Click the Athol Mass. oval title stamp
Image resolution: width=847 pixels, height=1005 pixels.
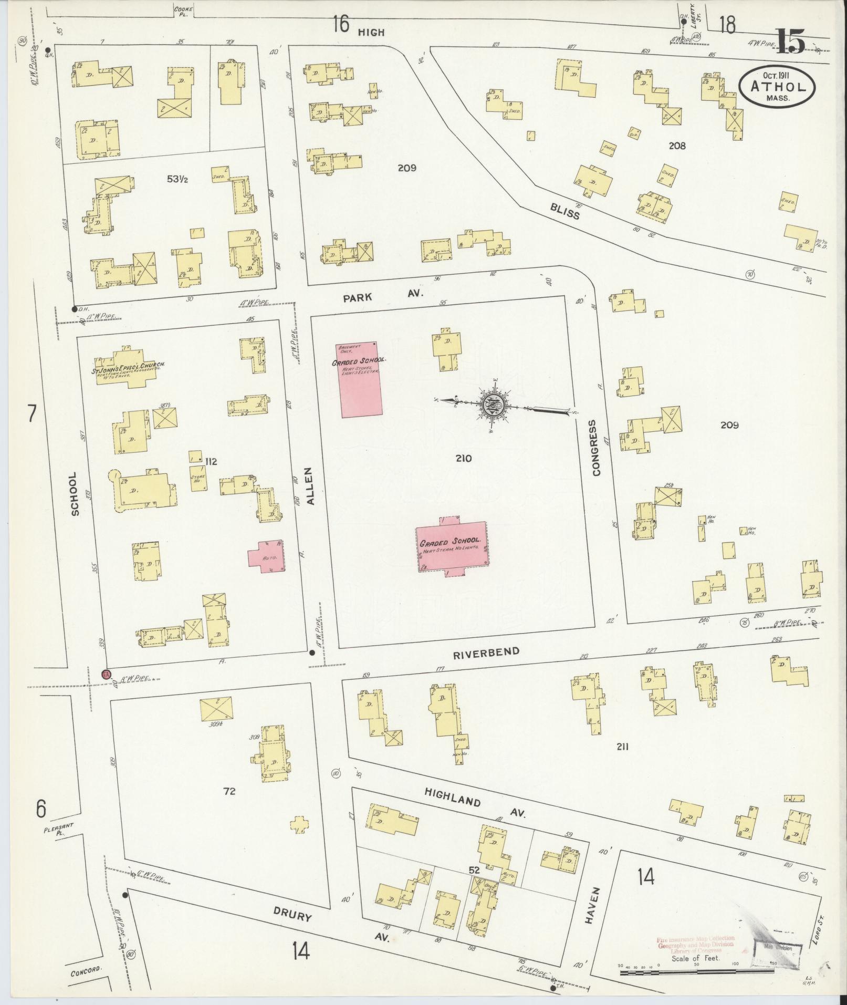coord(777,86)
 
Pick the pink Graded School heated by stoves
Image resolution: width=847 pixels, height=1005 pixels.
coord(359,380)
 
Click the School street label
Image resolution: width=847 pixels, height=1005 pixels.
coord(74,493)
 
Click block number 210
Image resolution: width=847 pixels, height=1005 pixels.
coord(464,459)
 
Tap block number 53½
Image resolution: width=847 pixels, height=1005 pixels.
coord(177,179)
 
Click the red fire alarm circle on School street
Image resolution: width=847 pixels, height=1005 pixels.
coord(106,674)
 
